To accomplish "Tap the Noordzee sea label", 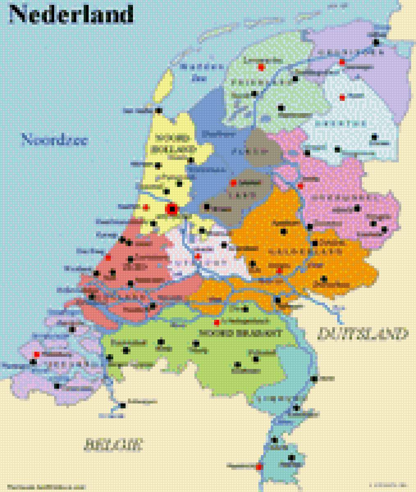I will pyautogui.click(x=55, y=140).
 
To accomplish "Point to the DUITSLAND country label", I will pyautogui.click(x=363, y=333).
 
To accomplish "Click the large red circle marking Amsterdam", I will pyautogui.click(x=172, y=210).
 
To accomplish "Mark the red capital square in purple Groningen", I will pyautogui.click(x=342, y=62).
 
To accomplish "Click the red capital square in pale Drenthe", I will pyautogui.click(x=342, y=97).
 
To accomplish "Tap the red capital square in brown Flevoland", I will pyautogui.click(x=233, y=183).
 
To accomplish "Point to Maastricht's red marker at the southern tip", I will pyautogui.click(x=258, y=467).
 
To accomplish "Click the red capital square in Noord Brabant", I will pyautogui.click(x=217, y=322).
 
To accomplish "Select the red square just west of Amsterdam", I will pyautogui.click(x=145, y=207).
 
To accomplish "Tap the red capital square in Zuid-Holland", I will pyautogui.click(x=108, y=257).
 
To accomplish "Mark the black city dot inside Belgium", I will pyautogui.click(x=123, y=405).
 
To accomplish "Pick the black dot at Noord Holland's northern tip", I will pyautogui.click(x=158, y=110).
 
